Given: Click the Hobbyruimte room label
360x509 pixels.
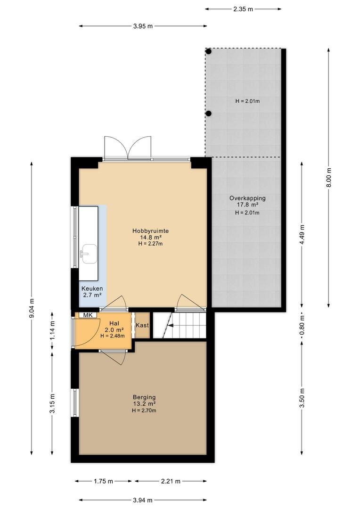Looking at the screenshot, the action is [150, 231].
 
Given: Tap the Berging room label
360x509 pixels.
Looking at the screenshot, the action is [144, 397].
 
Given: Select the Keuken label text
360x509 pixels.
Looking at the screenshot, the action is [92, 288].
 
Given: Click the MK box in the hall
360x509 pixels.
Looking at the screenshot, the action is [88, 315].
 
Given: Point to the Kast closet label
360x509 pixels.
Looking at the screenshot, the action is [142, 325].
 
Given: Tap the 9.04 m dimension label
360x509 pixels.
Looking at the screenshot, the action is [32, 308].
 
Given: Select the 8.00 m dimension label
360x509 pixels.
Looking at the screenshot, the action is [329, 177].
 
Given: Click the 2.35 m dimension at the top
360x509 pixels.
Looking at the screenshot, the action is [243, 9].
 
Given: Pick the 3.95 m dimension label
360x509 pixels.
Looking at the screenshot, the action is [143, 26].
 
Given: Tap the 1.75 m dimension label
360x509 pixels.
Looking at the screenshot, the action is [104, 481].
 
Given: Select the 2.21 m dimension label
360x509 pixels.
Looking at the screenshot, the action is [171, 481].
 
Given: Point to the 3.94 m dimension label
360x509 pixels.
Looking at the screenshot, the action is [142, 500].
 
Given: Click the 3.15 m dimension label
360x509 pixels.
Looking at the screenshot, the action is [52, 403].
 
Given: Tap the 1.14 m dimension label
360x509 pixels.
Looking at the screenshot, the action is [52, 330].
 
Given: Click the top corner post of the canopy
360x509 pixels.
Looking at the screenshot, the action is [209, 51].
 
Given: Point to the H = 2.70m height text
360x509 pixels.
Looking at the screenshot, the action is [144, 410].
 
